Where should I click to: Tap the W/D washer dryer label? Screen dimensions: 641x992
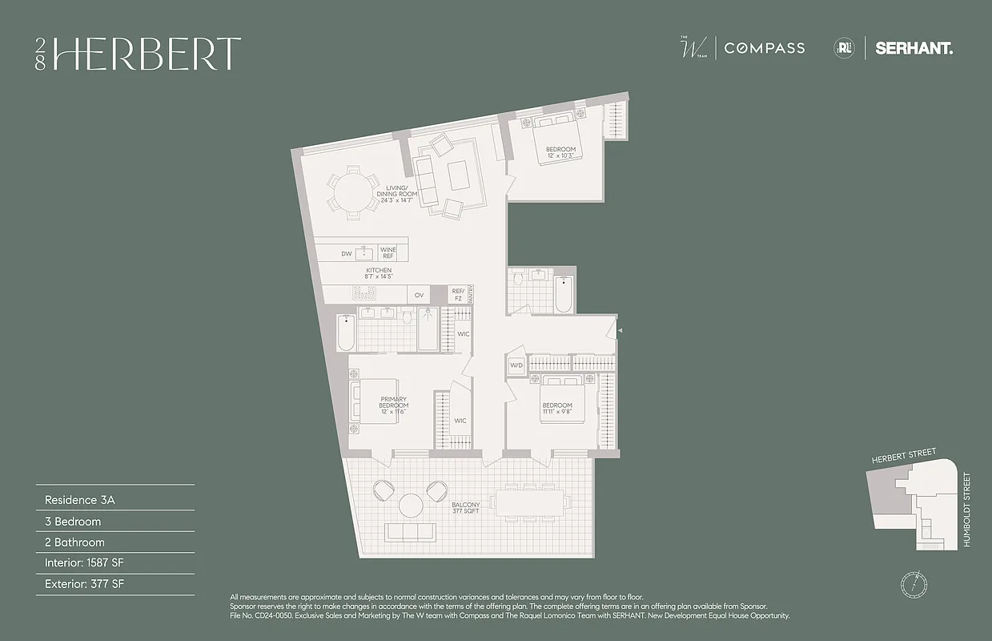pyautogui.click(x=516, y=365)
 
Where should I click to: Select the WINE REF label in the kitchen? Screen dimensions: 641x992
pyautogui.click(x=388, y=252)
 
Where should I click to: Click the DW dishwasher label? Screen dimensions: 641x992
pyautogui.click(x=347, y=253)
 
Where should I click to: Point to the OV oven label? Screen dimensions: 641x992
pyautogui.click(x=419, y=296)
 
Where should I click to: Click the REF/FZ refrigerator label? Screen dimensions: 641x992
pyautogui.click(x=458, y=295)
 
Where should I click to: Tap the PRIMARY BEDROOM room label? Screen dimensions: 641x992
pyautogui.click(x=394, y=402)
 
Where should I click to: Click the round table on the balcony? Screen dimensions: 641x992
pyautogui.click(x=411, y=505)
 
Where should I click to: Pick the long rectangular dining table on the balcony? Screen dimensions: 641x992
pyautogui.click(x=531, y=502)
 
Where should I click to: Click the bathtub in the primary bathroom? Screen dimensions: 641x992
pyautogui.click(x=346, y=333)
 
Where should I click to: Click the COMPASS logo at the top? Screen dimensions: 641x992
pyautogui.click(x=765, y=48)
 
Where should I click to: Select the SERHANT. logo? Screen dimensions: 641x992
pyautogui.click(x=914, y=48)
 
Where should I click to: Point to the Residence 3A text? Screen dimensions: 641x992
pyautogui.click(x=80, y=499)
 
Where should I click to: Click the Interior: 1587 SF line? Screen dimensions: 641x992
pyautogui.click(x=90, y=563)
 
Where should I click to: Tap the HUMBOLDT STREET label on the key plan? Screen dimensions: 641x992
pyautogui.click(x=967, y=510)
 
